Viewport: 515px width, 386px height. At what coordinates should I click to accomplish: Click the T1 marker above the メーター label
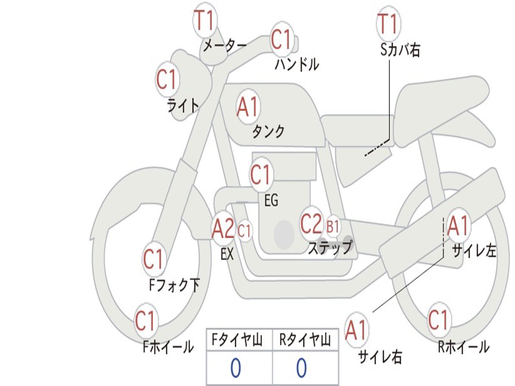tap(205, 20)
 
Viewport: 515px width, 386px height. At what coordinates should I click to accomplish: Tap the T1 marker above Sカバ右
tap(389, 23)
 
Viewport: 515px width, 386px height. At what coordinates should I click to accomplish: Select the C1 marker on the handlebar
tap(282, 39)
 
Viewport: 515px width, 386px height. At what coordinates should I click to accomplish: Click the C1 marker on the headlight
tap(167, 79)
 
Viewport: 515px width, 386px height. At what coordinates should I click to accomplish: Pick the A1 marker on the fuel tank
tap(248, 107)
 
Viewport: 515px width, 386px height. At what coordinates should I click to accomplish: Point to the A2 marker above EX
tap(223, 229)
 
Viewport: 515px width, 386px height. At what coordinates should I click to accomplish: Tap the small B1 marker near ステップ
tap(332, 227)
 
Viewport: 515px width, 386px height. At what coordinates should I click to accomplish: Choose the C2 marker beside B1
tap(311, 224)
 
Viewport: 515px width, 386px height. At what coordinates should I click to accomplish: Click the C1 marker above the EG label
tap(261, 174)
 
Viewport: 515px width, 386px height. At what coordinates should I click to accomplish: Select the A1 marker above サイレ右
tap(356, 330)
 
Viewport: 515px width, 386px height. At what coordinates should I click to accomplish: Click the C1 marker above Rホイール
tap(438, 320)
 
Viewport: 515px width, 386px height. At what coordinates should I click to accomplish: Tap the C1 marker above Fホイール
tap(145, 321)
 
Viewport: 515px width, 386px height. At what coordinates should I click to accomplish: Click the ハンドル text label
tap(297, 64)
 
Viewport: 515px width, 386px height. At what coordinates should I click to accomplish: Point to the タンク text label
tap(269, 132)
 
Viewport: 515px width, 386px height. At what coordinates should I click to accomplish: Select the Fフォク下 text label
tap(174, 285)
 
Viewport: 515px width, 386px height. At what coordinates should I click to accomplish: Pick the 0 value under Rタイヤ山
tap(302, 367)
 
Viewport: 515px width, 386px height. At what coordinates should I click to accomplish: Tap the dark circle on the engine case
tap(284, 234)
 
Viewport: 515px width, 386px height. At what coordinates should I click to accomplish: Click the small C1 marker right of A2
tap(244, 231)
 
